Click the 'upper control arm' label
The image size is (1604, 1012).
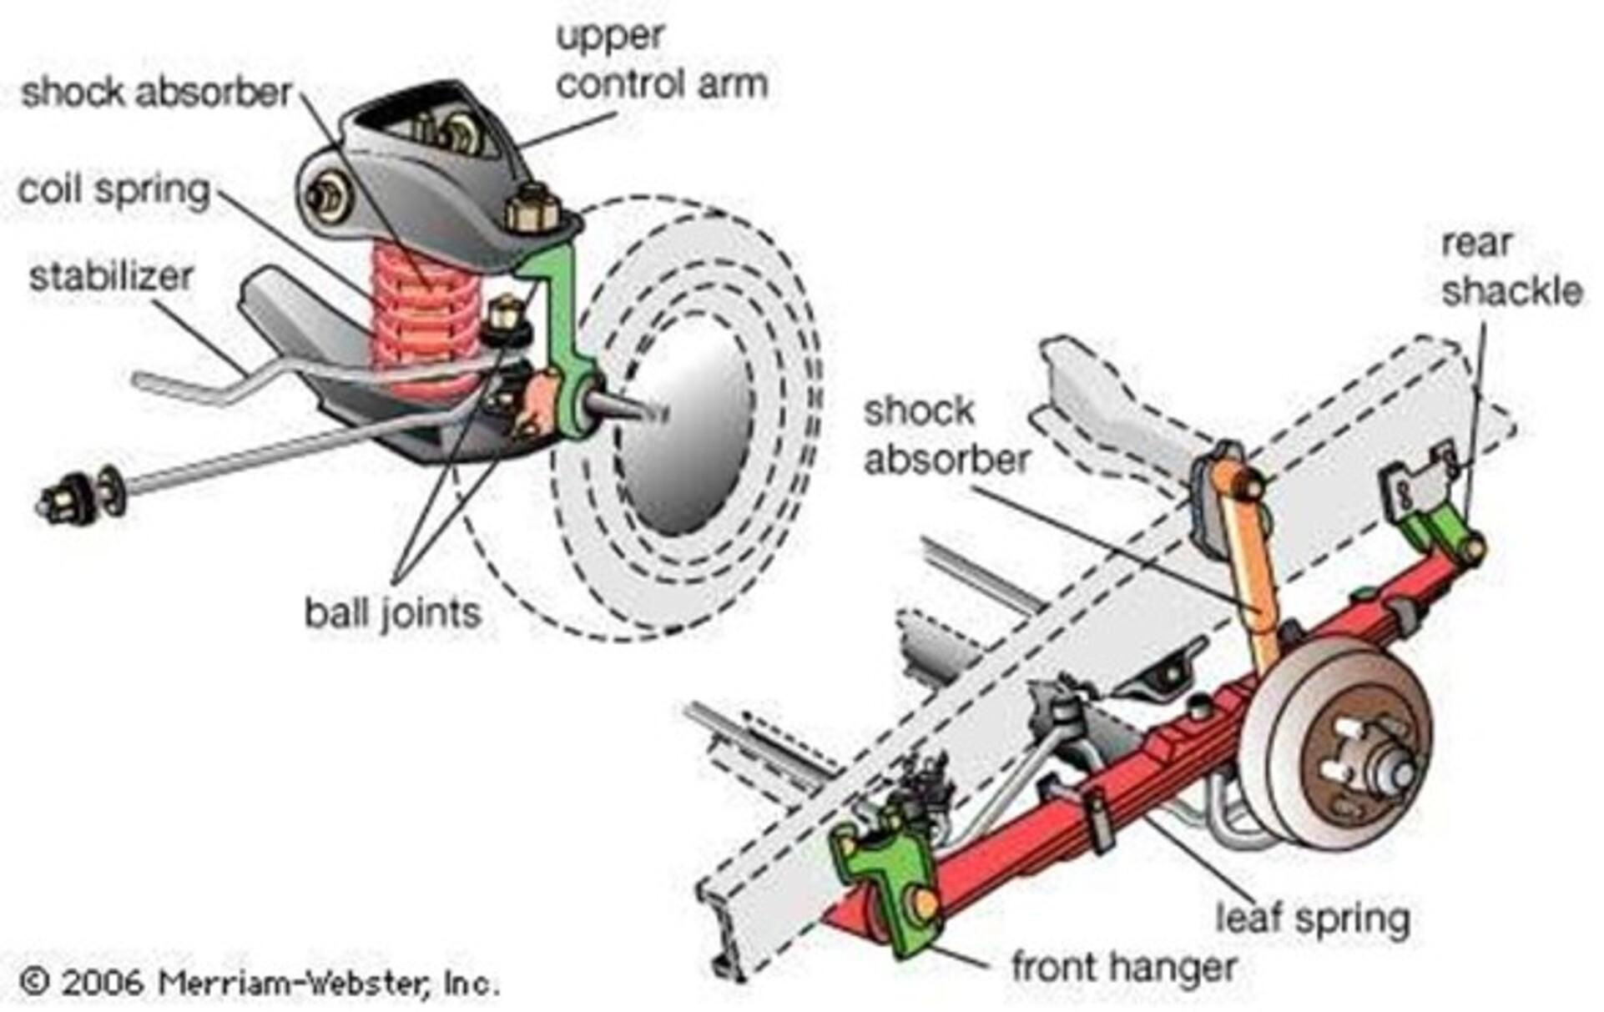(661, 61)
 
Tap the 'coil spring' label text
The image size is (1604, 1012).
(114, 190)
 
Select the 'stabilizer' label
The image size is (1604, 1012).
(111, 277)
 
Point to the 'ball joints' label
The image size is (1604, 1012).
(392, 613)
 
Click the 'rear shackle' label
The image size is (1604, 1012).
(1511, 267)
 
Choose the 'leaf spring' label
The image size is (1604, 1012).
(1313, 918)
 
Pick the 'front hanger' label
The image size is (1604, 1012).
(1123, 968)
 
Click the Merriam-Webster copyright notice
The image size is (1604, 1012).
(259, 982)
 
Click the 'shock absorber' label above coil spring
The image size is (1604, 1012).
(156, 92)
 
